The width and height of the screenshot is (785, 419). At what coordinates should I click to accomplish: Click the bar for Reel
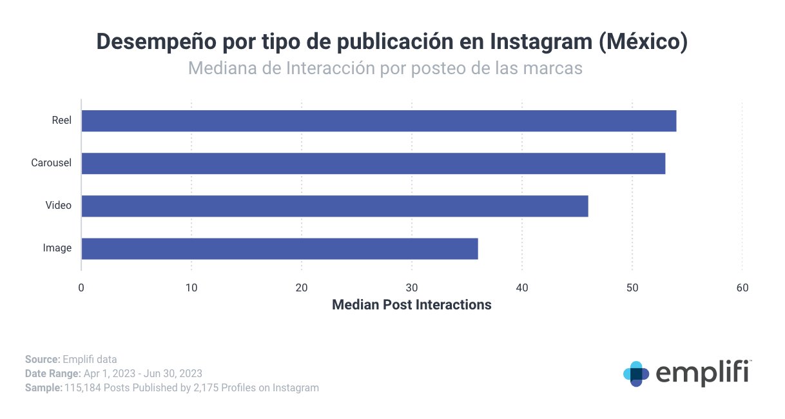[379, 121]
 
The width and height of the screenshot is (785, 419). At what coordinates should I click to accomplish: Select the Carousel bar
[373, 163]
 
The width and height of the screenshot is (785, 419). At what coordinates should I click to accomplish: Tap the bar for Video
[334, 206]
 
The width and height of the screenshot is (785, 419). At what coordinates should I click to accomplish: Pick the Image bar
[280, 248]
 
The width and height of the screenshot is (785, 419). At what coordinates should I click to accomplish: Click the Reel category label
[61, 121]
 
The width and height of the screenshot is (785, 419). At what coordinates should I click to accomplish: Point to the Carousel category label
[51, 163]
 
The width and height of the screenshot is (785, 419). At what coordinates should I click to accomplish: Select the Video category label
[58, 206]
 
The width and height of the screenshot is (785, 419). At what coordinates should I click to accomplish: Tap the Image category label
[57, 248]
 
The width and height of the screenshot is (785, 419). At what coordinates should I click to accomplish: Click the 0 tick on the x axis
[81, 287]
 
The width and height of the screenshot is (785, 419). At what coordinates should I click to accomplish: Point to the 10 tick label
[191, 287]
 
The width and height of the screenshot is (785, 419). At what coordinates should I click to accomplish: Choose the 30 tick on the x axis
[412, 287]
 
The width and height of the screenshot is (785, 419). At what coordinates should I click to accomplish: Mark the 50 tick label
[632, 287]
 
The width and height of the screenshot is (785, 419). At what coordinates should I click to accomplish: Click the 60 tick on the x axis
[742, 287]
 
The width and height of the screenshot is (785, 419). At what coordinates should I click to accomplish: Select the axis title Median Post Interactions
[411, 305]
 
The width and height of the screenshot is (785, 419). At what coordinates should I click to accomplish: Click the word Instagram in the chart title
[542, 41]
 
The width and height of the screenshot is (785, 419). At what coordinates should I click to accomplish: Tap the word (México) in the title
[643, 41]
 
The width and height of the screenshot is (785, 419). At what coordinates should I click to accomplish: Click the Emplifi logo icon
[636, 374]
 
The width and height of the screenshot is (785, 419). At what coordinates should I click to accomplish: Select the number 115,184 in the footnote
[82, 387]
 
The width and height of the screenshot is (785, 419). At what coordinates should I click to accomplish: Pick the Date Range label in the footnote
[53, 373]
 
